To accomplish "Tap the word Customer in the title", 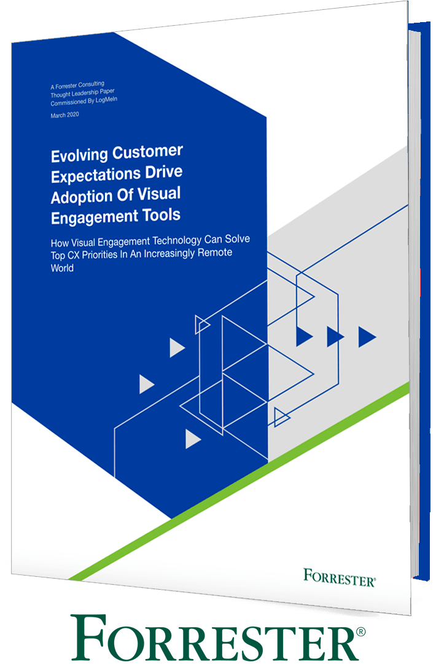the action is [148, 151].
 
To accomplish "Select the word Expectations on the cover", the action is [96, 176].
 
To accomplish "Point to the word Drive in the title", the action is [164, 171].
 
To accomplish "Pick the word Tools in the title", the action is [162, 215].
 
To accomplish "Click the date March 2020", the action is [64, 115].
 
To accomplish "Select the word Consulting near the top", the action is [91, 84].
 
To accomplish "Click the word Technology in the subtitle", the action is [177, 241].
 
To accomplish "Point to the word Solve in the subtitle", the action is [237, 239].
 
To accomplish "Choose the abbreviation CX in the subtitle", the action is [73, 256].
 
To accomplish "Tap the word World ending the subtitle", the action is [62, 268].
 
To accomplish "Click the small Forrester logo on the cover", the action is [340, 578].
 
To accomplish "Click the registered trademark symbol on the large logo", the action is [360, 632].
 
